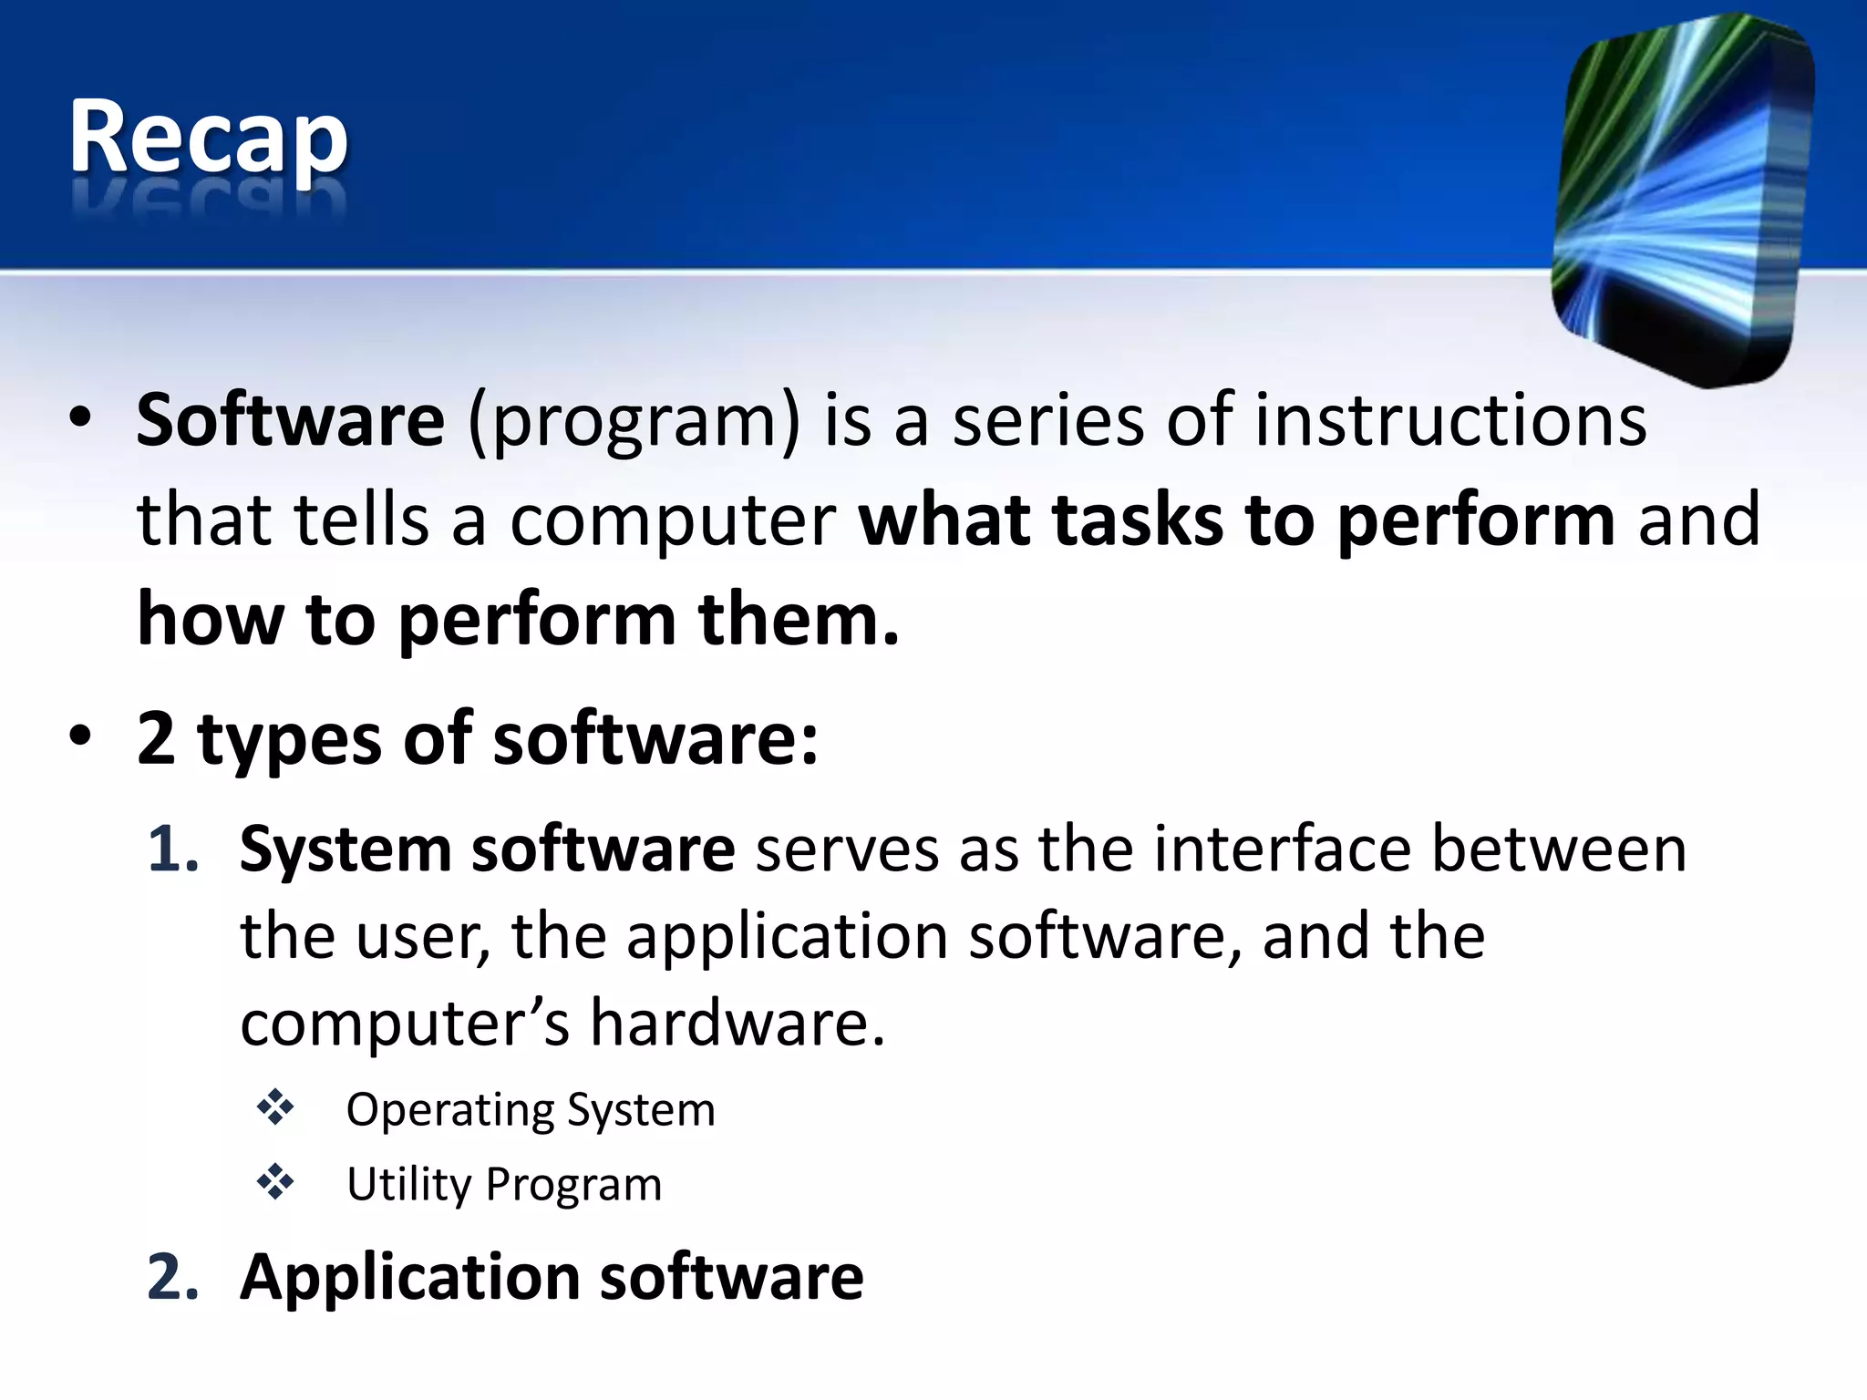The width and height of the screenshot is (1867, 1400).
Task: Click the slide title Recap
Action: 208,137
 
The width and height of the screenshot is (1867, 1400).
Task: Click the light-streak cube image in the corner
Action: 1682,201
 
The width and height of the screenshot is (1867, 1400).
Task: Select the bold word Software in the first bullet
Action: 290,420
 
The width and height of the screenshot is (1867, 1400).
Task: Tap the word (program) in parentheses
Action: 634,422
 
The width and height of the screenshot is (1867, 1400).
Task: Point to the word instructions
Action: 1449,420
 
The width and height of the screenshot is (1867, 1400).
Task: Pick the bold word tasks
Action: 1137,520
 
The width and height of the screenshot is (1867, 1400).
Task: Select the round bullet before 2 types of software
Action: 80,736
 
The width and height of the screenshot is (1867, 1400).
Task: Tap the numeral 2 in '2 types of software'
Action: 156,737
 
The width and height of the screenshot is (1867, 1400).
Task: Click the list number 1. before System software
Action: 173,849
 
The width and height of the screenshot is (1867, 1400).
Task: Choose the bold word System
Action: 346,850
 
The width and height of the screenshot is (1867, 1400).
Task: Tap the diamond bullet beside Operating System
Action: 275,1108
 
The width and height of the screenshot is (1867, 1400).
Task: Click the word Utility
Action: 408,1185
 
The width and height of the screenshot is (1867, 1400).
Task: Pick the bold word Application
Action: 409,1278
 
